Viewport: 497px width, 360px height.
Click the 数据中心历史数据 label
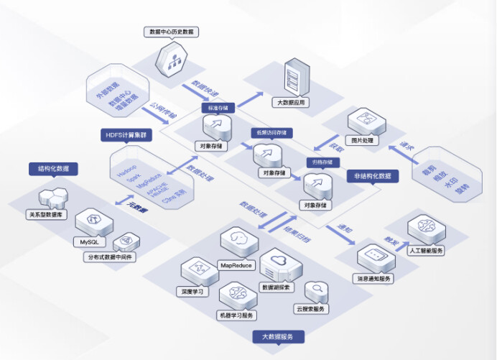click(172, 32)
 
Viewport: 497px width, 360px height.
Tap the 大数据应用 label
click(291, 103)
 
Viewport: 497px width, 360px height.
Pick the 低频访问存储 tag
click(267, 133)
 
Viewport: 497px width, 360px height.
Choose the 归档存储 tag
click(320, 162)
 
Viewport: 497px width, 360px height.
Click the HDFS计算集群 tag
click(124, 134)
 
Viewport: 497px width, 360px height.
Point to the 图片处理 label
click(360, 141)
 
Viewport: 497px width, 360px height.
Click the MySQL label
click(87, 242)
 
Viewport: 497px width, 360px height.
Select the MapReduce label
click(236, 265)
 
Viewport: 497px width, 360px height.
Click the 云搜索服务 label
click(310, 309)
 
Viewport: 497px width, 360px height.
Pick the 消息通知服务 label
click(374, 278)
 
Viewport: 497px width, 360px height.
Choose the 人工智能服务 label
click(427, 251)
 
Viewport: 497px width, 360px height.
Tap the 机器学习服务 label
click(236, 315)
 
